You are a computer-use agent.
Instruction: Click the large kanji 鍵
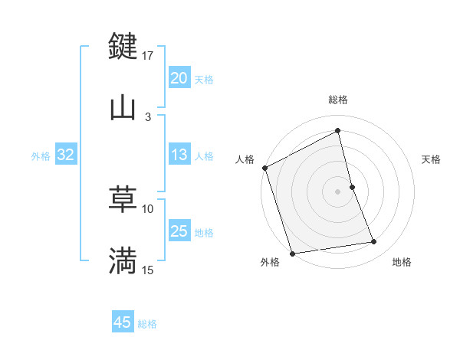tap(123, 46)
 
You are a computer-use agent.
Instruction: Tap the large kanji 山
tap(123, 107)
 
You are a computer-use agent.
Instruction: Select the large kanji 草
tap(123, 200)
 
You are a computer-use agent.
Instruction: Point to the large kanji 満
tap(123, 261)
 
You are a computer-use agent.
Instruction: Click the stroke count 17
tap(148, 55)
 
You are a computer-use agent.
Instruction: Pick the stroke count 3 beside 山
tap(148, 116)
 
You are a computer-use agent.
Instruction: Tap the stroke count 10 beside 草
tap(148, 208)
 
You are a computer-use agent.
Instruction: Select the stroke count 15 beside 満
tap(148, 270)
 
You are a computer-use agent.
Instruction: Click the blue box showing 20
tap(179, 78)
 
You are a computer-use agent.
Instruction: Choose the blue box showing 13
tap(179, 155)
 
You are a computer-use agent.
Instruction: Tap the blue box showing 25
tap(179, 232)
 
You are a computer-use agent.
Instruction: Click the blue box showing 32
tap(66, 155)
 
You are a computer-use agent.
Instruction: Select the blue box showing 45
tap(123, 323)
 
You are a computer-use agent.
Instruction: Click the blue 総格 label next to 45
tap(147, 324)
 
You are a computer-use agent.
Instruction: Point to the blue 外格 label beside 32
tap(41, 156)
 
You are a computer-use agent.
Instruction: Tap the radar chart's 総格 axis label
tap(338, 100)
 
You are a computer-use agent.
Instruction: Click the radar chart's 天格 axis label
tap(432, 159)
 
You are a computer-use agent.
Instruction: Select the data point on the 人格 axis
tap(265, 168)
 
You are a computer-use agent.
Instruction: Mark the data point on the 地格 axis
tap(374, 242)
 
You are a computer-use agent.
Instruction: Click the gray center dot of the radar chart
tap(338, 191)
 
